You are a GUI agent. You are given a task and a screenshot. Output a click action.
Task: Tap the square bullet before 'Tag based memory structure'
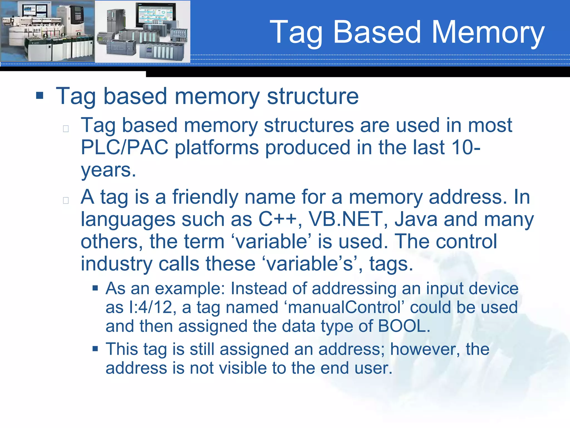click(x=40, y=96)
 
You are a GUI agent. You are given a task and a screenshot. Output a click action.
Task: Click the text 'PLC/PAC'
click(x=124, y=147)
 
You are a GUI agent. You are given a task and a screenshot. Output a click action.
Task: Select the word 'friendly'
click(x=205, y=197)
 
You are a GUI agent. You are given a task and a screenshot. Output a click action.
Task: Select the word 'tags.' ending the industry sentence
click(x=391, y=264)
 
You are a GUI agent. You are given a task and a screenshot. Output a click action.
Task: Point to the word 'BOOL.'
click(x=404, y=326)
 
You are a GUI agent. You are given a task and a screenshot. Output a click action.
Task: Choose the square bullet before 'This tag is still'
click(x=95, y=349)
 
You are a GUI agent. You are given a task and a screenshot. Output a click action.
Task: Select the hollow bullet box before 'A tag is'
click(x=66, y=200)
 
